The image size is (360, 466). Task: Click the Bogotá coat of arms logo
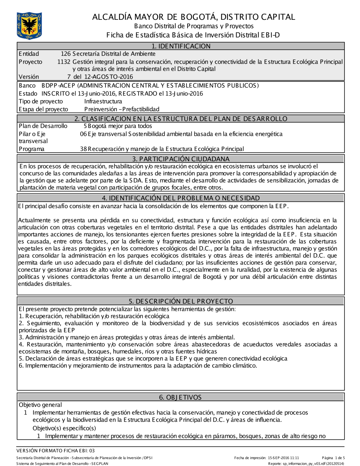pos(29,26)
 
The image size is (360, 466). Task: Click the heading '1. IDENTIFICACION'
pos(181,46)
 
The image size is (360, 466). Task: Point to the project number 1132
pos(64,62)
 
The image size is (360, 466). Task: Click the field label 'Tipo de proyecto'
pos(41,102)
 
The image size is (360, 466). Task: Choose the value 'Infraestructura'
pos(103,102)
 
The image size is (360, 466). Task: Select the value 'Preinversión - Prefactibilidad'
pos(122,109)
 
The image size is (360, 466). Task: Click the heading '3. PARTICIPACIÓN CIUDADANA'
pos(181,159)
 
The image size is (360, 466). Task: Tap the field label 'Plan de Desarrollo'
pos(43,126)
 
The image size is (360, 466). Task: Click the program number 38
pos(84,149)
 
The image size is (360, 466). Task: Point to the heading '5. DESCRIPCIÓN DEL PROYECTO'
pos(181,301)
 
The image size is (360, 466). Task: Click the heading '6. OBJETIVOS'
pos(180,397)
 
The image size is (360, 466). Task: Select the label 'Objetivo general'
pos(40,405)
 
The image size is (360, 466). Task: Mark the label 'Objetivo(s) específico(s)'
pos(64,428)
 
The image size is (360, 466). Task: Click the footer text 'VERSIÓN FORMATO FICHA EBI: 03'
pos(56,451)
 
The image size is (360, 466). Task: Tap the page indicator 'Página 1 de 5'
pos(333,458)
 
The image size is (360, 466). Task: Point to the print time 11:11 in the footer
pos(295,458)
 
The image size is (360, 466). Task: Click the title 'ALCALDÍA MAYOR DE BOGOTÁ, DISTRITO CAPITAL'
pos(194,17)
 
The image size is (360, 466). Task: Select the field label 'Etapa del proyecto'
pos(43,109)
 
